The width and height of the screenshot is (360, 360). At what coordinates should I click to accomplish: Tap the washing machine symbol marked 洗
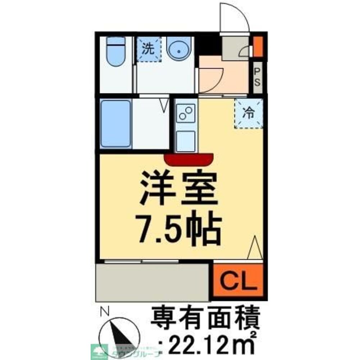point(148,49)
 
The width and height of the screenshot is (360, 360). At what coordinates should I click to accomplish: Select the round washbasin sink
point(179,50)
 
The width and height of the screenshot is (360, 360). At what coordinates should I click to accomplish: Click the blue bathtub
point(115,123)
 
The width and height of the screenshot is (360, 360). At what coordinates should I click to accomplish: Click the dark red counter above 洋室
point(189,159)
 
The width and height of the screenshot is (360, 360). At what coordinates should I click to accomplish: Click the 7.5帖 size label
point(179,228)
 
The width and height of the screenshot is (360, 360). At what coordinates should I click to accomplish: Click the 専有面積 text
point(205,315)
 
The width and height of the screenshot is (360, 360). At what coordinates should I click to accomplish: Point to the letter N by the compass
point(105,310)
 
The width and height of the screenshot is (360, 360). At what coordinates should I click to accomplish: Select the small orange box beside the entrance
point(258,46)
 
